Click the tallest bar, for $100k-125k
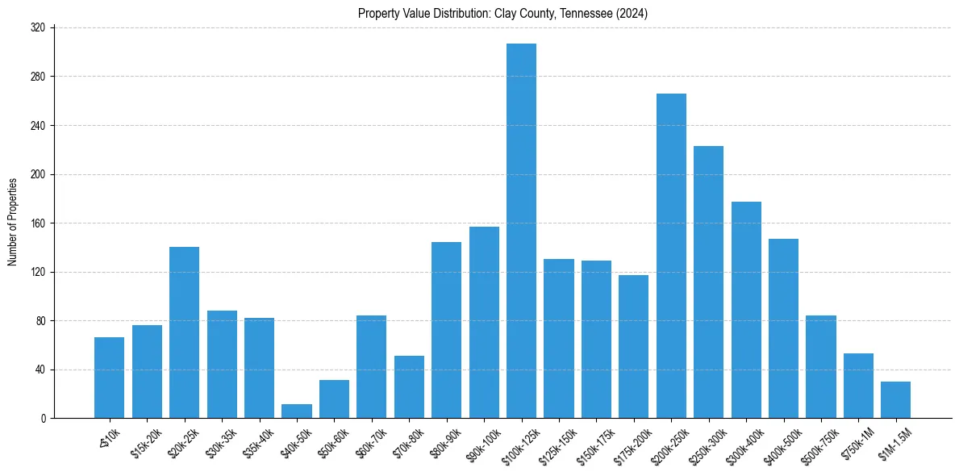click(x=521, y=231)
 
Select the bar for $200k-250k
click(x=671, y=256)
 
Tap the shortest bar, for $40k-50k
click(x=297, y=411)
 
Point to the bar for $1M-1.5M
click(x=895, y=400)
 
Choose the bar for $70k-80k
click(x=409, y=387)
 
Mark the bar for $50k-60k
click(x=334, y=399)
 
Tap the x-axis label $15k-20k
click(x=145, y=445)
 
